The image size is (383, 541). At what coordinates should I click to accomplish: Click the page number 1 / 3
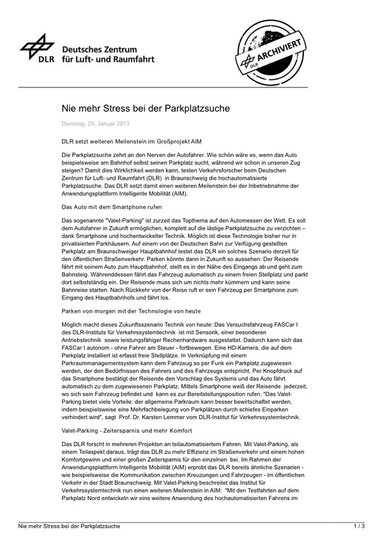tap(359, 526)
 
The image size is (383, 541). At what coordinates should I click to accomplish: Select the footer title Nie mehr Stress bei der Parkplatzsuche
tap(69, 526)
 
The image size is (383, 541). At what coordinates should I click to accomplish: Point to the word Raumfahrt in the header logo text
tap(133, 59)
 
